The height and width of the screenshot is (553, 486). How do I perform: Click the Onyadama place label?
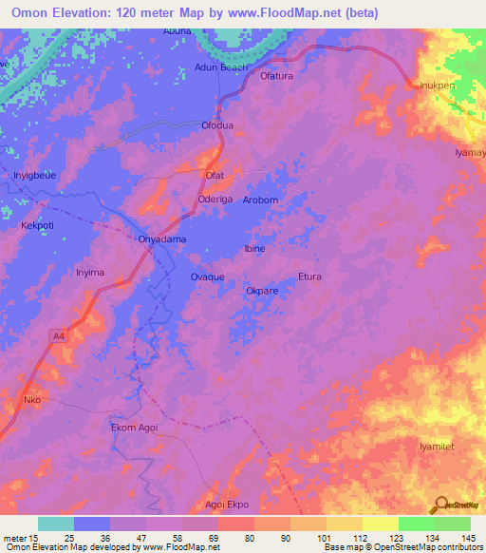tap(162, 239)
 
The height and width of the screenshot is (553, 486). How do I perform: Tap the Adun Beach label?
tap(220, 67)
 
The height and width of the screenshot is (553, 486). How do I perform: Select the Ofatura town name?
tap(279, 75)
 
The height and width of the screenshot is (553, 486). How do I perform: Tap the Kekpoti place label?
tap(42, 227)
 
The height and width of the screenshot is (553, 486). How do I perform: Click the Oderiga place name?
tap(215, 200)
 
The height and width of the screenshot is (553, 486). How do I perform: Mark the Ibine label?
tap(254, 249)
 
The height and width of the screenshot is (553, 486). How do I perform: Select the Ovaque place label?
tap(207, 276)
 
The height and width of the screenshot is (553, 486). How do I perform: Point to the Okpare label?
tap(262, 291)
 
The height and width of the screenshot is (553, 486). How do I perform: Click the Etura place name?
tap(309, 276)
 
